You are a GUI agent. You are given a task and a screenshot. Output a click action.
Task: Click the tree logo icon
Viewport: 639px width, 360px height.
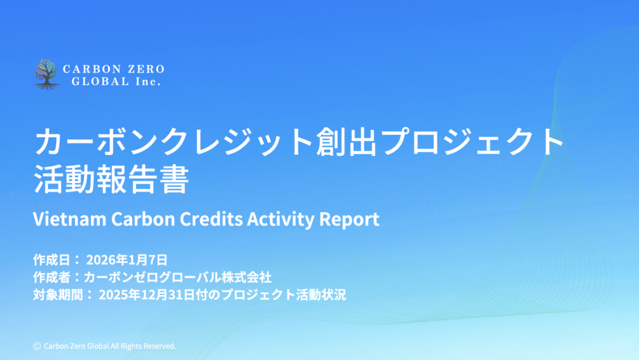click(46, 74)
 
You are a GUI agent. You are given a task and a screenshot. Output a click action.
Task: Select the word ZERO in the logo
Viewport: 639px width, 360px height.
click(146, 69)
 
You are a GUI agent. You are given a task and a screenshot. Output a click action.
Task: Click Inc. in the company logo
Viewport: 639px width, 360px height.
click(149, 82)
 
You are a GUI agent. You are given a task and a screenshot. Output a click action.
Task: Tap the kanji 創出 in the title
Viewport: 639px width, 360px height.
click(346, 141)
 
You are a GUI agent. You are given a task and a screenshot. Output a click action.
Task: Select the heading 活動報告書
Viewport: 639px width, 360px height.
click(111, 179)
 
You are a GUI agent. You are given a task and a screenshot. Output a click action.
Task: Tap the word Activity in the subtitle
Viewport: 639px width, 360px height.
click(281, 220)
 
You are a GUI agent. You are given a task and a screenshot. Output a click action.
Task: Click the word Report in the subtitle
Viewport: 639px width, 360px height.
click(349, 220)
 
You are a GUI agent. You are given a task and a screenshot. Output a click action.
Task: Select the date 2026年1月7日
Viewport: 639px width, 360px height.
click(127, 260)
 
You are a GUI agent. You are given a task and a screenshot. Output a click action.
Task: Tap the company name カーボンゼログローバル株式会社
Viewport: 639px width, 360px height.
click(178, 277)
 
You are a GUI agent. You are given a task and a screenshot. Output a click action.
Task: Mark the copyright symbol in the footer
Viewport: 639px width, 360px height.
click(37, 346)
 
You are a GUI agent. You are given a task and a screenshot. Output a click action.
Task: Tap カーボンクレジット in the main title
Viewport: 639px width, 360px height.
click(174, 141)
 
